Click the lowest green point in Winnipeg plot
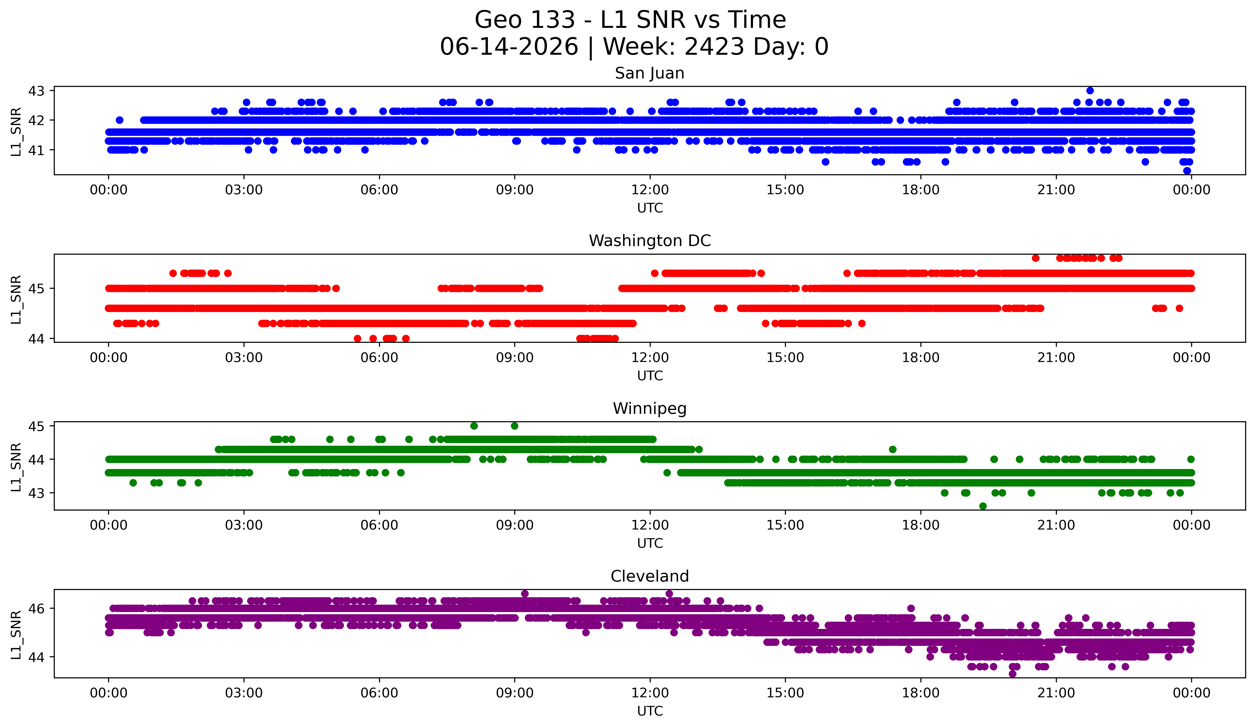click(983, 506)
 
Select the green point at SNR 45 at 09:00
click(514, 426)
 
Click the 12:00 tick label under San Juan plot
click(650, 190)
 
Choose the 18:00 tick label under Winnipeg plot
click(920, 525)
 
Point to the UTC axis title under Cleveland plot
click(650, 711)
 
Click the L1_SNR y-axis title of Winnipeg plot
click(16, 467)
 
